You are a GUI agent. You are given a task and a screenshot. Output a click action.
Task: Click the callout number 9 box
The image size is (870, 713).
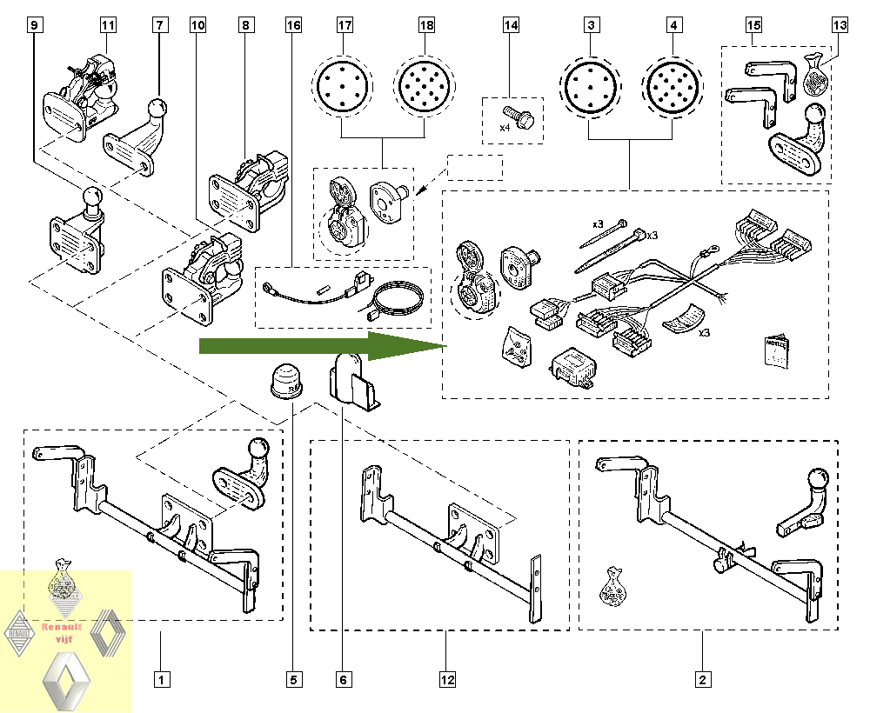point(34,25)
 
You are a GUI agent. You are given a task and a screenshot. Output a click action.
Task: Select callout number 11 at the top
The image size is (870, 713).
point(108,25)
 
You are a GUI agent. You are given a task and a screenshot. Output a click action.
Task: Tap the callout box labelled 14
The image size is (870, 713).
point(511,25)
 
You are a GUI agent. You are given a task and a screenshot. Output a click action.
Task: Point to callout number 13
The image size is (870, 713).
point(839,25)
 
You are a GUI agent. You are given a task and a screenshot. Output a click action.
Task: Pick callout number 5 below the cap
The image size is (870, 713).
point(293,679)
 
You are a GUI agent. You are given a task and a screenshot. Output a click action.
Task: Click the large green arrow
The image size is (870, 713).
point(322,346)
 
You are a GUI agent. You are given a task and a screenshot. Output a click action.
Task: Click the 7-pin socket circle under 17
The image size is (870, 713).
point(341,87)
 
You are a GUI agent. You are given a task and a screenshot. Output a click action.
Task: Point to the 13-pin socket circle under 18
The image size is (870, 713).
point(425,87)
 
